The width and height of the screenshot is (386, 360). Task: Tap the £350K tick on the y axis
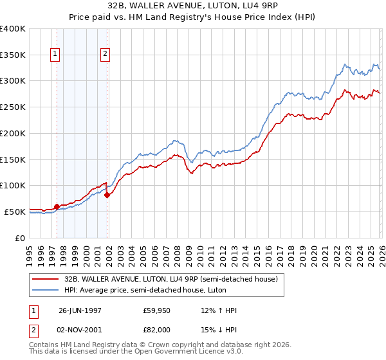tap(13, 55)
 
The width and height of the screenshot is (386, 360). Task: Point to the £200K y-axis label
tap(13, 134)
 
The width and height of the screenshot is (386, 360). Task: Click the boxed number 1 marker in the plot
tap(56, 55)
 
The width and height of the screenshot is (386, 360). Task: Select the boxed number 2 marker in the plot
tap(105, 55)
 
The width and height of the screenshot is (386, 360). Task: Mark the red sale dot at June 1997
tap(57, 206)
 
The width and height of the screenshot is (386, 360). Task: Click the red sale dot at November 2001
tap(107, 195)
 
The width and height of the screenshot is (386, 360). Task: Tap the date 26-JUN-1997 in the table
tap(80, 310)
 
